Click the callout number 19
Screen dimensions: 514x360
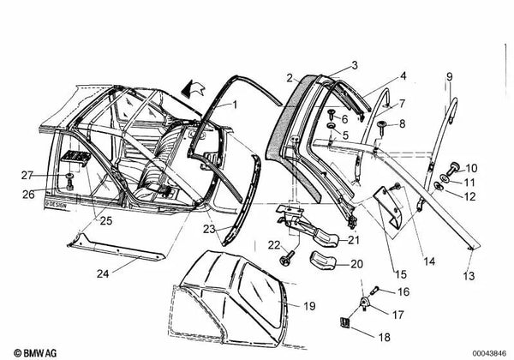point(309,306)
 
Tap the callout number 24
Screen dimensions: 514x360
point(103,273)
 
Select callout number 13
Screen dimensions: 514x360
point(469,276)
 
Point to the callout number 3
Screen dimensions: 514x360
point(355,66)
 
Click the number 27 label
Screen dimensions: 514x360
point(27,175)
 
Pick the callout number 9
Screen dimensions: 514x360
point(450,77)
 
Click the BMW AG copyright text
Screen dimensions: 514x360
point(35,353)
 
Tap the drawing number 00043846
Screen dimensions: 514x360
point(489,353)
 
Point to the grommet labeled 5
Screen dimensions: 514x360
point(331,126)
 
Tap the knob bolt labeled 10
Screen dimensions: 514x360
point(453,167)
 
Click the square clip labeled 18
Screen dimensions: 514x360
point(344,323)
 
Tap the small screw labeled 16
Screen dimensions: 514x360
point(374,291)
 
